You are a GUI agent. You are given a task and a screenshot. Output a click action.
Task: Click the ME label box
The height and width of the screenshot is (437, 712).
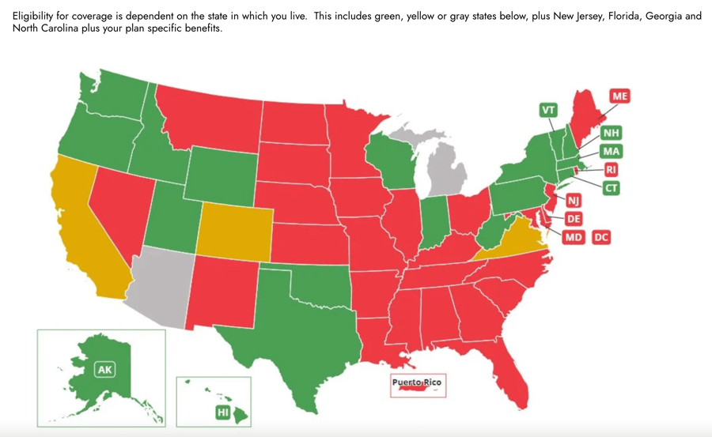pyautogui.click(x=619, y=96)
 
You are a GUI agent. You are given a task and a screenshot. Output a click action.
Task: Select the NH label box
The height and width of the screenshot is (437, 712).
pyautogui.click(x=610, y=133)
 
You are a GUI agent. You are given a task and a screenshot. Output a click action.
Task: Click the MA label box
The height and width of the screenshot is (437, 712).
pyautogui.click(x=610, y=151)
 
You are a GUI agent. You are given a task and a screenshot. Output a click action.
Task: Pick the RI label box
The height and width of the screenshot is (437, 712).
pyautogui.click(x=611, y=169)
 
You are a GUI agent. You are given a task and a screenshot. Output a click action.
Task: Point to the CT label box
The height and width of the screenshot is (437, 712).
pyautogui.click(x=611, y=188)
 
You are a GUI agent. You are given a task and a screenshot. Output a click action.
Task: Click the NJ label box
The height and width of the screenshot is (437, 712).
pyautogui.click(x=574, y=202)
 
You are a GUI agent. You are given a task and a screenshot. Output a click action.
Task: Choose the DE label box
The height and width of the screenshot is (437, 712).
pyautogui.click(x=574, y=219)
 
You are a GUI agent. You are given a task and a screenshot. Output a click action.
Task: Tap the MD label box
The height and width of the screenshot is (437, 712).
pyautogui.click(x=574, y=237)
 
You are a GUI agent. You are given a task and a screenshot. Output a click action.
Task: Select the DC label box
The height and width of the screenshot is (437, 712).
pyautogui.click(x=601, y=237)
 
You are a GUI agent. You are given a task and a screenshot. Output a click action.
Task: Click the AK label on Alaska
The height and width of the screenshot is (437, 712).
pyautogui.click(x=104, y=370)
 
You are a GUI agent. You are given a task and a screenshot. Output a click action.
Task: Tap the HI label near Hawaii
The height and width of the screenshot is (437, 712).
pyautogui.click(x=223, y=413)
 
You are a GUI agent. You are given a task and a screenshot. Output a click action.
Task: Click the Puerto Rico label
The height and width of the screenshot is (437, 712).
pyautogui.click(x=418, y=383)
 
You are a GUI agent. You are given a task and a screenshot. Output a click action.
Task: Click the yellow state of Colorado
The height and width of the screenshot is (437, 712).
pyautogui.click(x=234, y=232)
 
